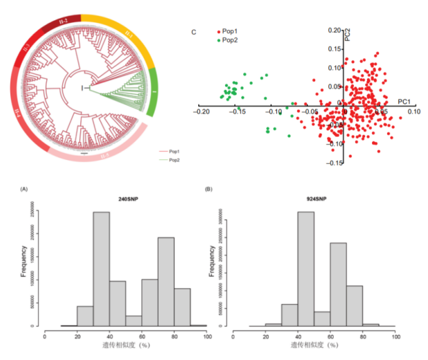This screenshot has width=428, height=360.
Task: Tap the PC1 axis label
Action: pyautogui.click(x=404, y=102)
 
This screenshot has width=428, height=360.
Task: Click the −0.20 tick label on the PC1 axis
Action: pyautogui.click(x=202, y=111)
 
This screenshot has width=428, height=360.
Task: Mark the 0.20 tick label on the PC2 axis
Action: pyautogui.click(x=335, y=30)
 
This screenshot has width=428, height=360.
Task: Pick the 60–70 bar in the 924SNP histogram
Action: pyautogui.click(x=338, y=284)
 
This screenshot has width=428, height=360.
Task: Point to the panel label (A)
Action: pyautogui.click(x=24, y=188)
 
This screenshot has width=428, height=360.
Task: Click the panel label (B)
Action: pyautogui.click(x=208, y=188)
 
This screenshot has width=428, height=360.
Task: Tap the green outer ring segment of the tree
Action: pyautogui.click(x=154, y=91)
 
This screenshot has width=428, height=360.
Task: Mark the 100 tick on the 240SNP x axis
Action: pyautogui.click(x=207, y=334)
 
